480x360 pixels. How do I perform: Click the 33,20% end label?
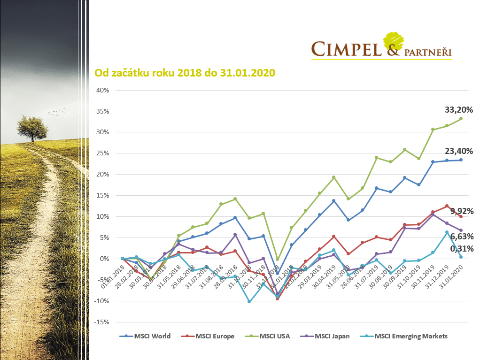pos(458,110)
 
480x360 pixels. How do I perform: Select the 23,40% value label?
pos(458,151)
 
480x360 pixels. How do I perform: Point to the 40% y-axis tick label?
pos(103,90)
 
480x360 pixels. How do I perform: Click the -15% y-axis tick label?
pos(101,322)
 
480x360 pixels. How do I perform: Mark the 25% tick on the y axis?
pos(103,153)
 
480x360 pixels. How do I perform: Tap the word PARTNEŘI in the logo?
pos(428,53)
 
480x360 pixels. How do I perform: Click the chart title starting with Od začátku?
pos(185,73)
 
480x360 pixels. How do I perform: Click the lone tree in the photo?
pos(32,126)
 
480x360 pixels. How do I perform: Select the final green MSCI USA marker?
pos(461,118)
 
